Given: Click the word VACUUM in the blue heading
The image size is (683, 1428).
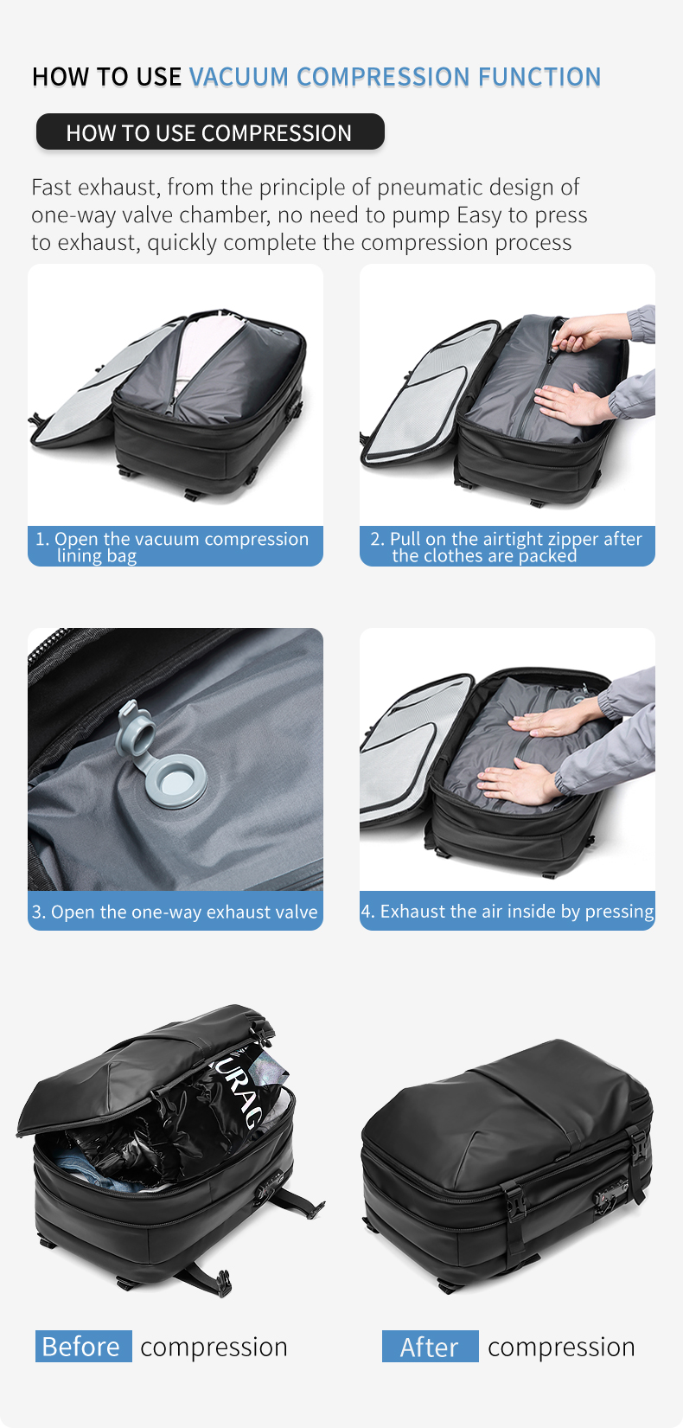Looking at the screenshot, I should coord(239,77).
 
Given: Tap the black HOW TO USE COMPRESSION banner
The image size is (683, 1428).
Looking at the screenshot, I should coord(210,132).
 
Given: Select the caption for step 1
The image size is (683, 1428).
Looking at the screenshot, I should coord(176,547).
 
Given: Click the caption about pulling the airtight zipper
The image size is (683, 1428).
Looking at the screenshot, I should coord(507,547).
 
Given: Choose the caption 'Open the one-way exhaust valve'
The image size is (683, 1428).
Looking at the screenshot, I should coord(176,912).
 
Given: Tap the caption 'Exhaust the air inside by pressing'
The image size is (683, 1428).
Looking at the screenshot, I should coord(507,912).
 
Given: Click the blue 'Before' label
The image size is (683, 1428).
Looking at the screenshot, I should coord(83,1347).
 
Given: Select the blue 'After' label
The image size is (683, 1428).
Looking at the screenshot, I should coord(430,1347).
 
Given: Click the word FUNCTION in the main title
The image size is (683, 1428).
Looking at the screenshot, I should coord(539,77).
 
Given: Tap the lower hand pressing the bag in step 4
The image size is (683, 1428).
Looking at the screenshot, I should coord(516,784).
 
